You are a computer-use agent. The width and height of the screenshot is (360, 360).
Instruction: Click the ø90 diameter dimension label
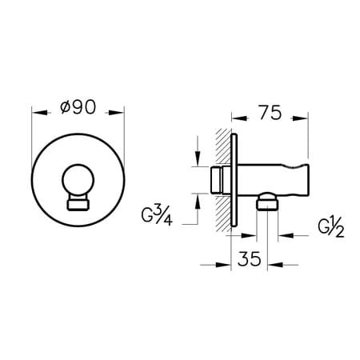(78, 107)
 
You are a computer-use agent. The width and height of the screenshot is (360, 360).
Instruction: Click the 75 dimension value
(270, 112)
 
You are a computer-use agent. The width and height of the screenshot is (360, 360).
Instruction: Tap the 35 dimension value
(249, 258)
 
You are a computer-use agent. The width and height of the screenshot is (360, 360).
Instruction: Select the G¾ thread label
(157, 216)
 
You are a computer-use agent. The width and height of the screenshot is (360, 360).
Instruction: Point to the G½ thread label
(331, 228)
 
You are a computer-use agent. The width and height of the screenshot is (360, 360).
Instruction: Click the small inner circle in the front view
(78, 180)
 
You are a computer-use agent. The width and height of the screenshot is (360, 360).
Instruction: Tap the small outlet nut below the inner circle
(78, 204)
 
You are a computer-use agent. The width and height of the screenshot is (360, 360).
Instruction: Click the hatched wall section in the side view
(223, 180)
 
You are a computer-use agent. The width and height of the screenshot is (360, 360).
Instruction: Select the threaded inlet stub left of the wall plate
(218, 180)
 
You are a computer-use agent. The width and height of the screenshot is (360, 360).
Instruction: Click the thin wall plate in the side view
(234, 180)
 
